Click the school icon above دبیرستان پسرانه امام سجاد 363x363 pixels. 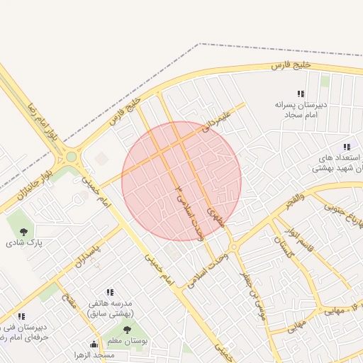(x=301, y=94)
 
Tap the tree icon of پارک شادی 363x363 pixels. (x=24, y=230)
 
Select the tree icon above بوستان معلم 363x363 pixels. (x=128, y=330)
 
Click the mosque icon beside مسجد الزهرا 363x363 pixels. (x=94, y=345)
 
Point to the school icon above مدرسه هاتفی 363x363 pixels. (x=110, y=292)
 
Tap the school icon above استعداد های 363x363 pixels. (x=346, y=147)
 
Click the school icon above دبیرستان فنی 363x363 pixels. (x=21, y=316)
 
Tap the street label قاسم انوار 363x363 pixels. (x=299, y=240)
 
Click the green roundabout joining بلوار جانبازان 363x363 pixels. (x=72, y=157)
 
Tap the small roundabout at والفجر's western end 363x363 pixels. (x=234, y=247)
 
